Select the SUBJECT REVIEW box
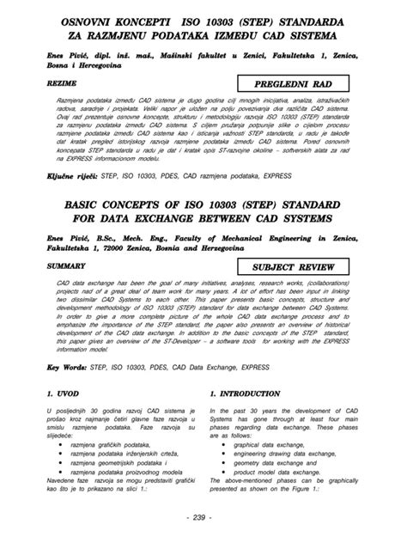tap(297, 269)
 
